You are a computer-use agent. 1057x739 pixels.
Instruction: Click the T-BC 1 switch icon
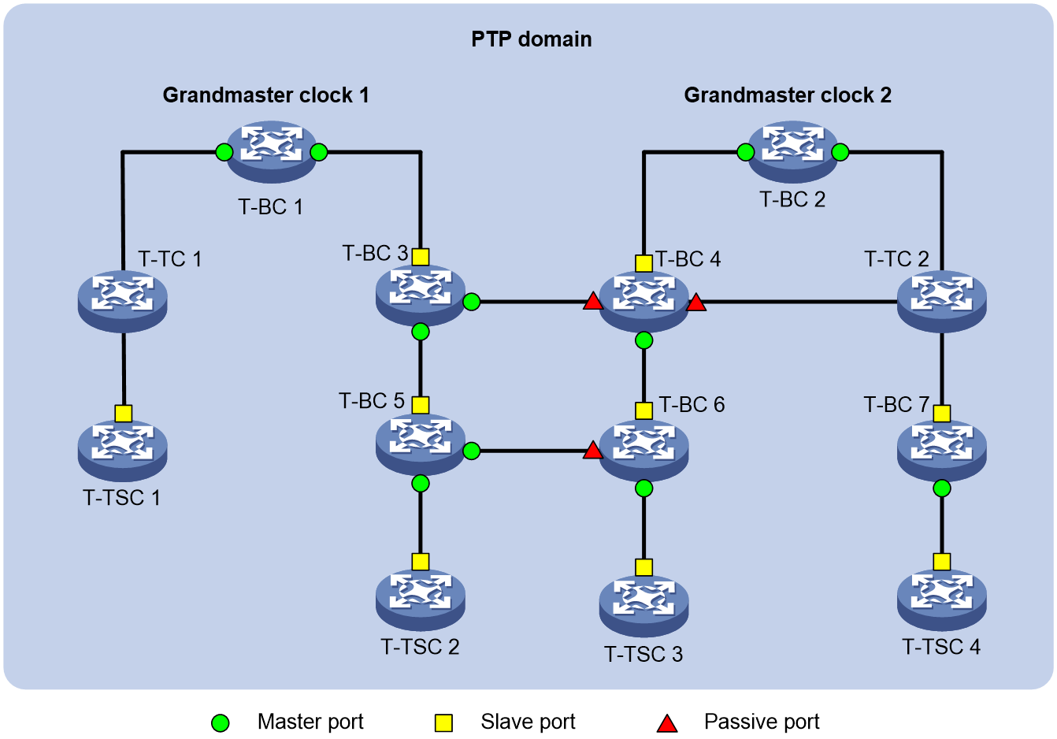[x=271, y=152]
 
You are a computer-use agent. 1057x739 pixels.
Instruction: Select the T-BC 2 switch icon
[x=792, y=152]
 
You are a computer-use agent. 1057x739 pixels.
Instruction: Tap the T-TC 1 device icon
[x=122, y=301]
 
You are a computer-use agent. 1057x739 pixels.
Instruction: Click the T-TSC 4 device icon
[x=941, y=600]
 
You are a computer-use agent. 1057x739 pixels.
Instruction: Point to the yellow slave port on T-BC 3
[x=421, y=257]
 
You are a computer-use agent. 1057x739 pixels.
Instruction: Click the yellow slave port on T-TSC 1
[x=123, y=414]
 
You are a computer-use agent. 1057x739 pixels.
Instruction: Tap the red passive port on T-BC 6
[x=592, y=451]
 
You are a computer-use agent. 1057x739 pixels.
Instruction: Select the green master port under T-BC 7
[x=942, y=488]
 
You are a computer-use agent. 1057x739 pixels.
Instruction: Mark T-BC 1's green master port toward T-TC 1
[x=224, y=152]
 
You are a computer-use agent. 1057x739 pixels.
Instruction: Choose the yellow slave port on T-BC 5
[x=421, y=405]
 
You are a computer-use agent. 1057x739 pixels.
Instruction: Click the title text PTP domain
[x=532, y=39]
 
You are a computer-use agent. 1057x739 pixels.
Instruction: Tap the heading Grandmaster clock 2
[x=788, y=95]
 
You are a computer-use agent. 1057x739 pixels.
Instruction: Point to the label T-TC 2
[x=896, y=258]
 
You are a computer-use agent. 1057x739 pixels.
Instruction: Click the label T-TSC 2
[x=420, y=647]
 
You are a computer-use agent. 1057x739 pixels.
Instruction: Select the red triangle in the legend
[x=667, y=723]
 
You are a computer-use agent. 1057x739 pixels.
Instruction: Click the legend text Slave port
[x=528, y=722]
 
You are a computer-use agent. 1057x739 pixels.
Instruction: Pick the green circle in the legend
[x=220, y=723]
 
